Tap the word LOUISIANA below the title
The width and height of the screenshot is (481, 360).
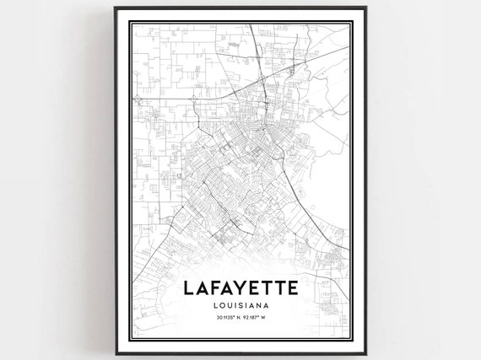(x=240, y=305)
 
